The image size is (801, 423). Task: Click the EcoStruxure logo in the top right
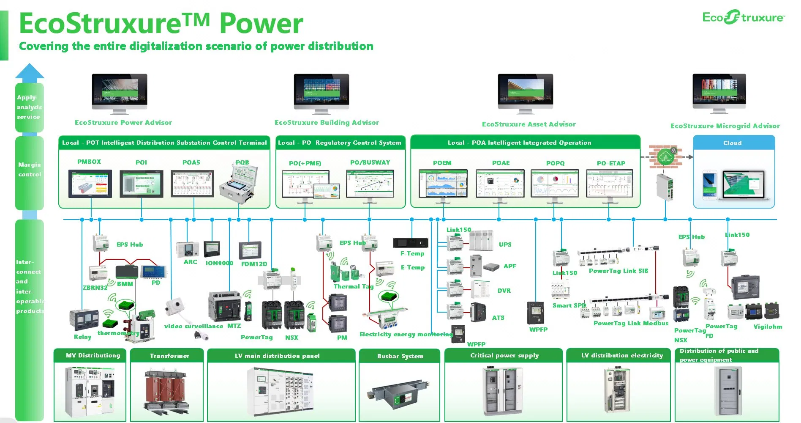coord(743,17)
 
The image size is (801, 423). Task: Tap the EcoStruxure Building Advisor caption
coord(327,123)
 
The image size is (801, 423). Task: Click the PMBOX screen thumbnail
coord(90,184)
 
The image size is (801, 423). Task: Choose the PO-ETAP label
coord(611,163)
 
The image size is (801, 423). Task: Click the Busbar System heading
coord(400,356)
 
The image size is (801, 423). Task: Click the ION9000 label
coord(219,263)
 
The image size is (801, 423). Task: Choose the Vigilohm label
coord(768,327)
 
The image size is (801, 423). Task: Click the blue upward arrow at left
coord(30,71)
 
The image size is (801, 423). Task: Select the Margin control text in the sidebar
coord(30,170)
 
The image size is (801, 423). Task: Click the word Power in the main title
coord(261,24)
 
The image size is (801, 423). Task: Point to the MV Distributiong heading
coord(93,356)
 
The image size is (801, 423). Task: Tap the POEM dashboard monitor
coord(443,184)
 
